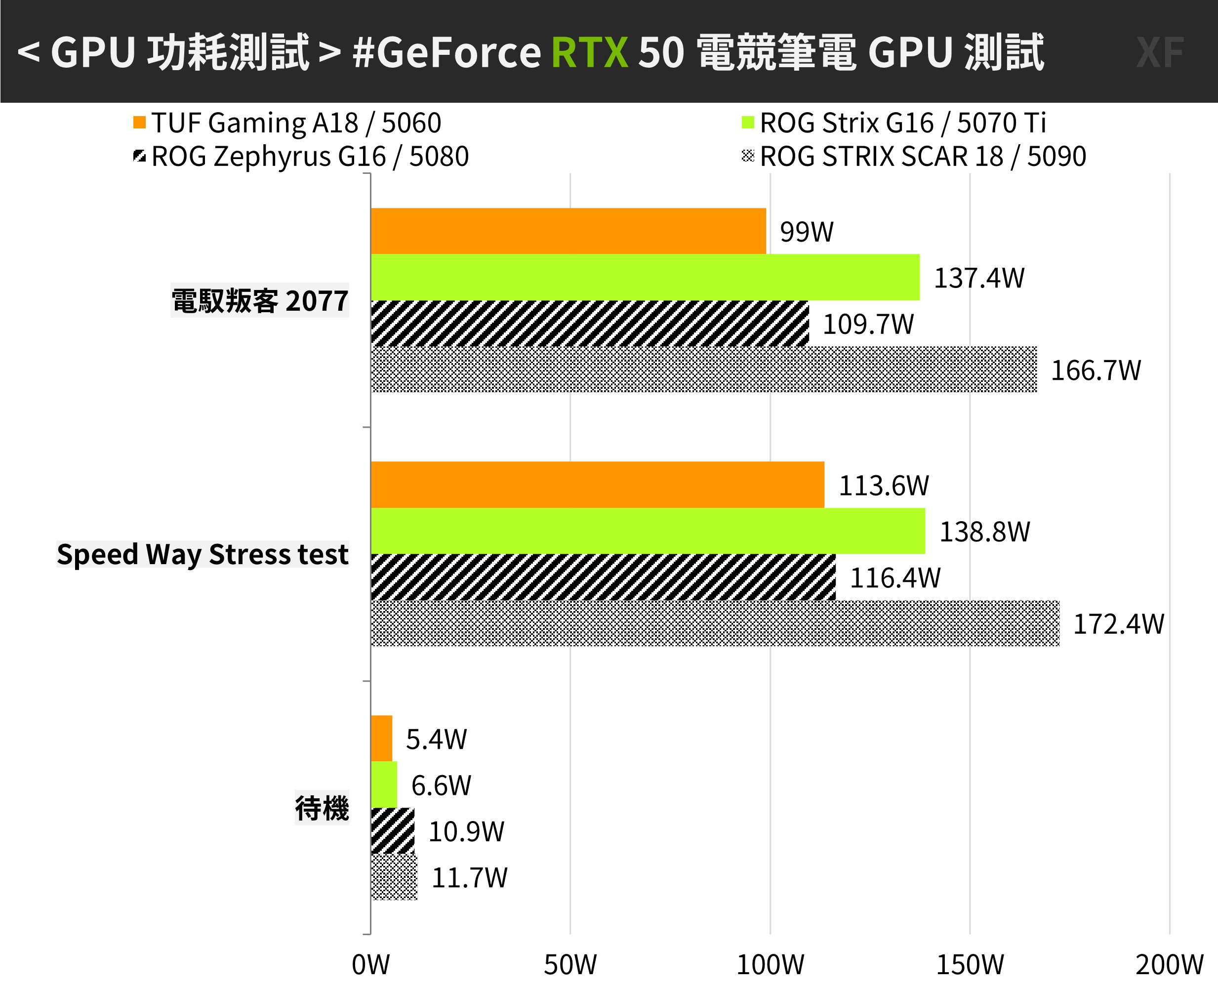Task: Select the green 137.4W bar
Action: pos(645,277)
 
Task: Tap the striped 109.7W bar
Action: pos(589,323)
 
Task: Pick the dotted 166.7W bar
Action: pos(703,370)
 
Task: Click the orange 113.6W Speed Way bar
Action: pos(597,485)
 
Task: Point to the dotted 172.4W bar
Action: pos(715,623)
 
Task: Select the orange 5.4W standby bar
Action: pos(381,739)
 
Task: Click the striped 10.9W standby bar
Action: pos(392,831)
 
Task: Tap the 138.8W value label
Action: pos(984,532)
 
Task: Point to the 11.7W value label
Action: pos(469,877)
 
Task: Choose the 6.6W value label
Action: pos(441,786)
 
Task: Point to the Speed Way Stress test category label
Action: pos(203,554)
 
